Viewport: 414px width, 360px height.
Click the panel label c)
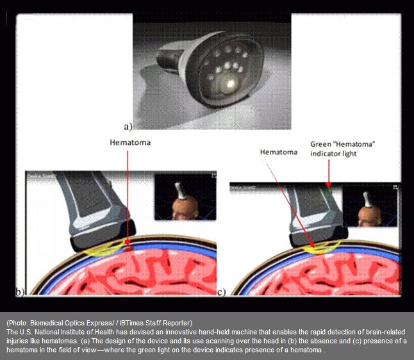[220, 292]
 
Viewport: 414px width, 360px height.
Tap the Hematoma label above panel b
[129, 142]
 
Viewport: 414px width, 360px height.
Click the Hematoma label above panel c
[278, 152]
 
